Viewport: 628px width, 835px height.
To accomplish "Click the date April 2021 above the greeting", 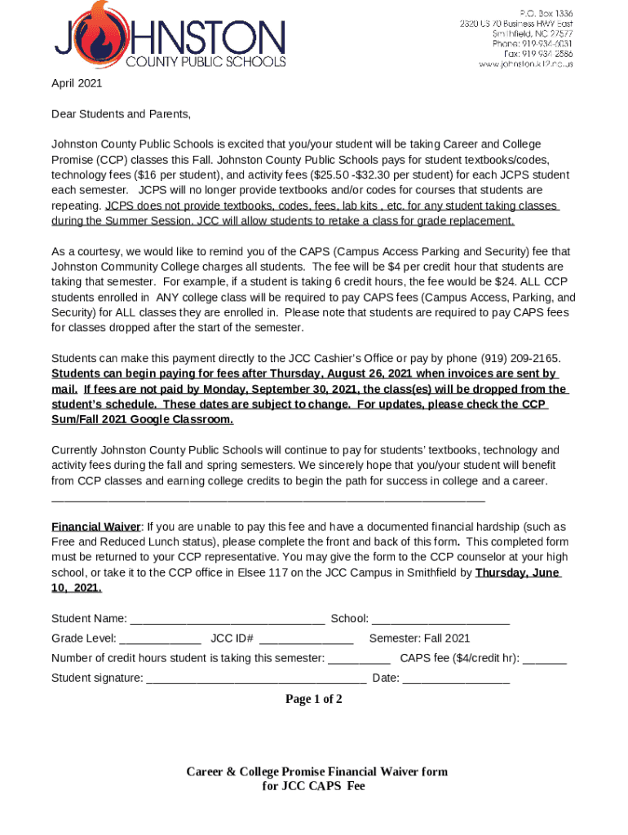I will [x=77, y=83].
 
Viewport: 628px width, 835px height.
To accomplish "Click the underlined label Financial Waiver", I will [x=96, y=527].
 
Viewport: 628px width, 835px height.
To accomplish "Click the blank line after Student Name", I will [x=228, y=619].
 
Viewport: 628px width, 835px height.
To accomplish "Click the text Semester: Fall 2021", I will [x=419, y=638].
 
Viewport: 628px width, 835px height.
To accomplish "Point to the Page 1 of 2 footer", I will [x=313, y=699].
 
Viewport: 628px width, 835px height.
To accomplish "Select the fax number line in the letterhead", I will [x=538, y=54].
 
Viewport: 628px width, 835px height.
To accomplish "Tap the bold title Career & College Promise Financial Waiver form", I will [x=316, y=771].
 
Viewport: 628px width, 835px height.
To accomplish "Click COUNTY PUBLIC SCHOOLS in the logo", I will [x=205, y=61].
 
